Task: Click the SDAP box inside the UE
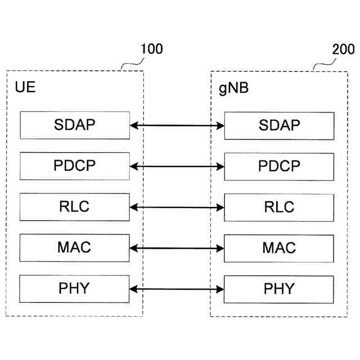(x=75, y=125)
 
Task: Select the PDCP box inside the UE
(x=75, y=166)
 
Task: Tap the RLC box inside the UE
(x=75, y=207)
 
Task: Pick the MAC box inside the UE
(x=75, y=248)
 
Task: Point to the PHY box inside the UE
(x=75, y=289)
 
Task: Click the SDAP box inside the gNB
(x=279, y=125)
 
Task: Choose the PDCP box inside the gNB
(x=279, y=166)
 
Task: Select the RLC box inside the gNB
(x=279, y=207)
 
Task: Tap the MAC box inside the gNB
(x=279, y=248)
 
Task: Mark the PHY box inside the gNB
(x=279, y=289)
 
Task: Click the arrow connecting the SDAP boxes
(x=177, y=126)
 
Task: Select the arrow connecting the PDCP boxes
(x=177, y=166)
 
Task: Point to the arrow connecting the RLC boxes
(x=177, y=208)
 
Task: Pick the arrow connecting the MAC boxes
(x=177, y=248)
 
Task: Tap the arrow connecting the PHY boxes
(x=177, y=289)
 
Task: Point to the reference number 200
(x=343, y=49)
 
